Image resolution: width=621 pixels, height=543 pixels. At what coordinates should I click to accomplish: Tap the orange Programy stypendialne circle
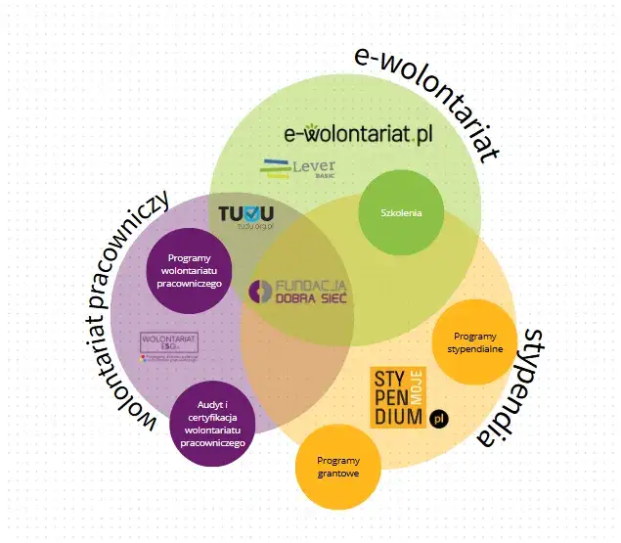pos(473,341)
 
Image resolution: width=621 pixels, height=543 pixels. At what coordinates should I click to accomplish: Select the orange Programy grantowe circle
pos(337,467)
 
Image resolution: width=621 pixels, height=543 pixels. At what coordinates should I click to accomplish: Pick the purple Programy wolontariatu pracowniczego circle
pos(190,269)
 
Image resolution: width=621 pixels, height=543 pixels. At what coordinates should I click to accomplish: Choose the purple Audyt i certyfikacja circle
pos(213,424)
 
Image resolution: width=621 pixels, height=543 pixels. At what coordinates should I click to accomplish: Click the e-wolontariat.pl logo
pos(356,134)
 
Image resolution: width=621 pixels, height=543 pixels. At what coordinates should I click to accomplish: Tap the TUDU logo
pos(245,215)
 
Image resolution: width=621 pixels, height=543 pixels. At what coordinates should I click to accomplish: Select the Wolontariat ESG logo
pos(169,345)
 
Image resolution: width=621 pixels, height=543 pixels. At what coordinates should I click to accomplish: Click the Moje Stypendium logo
pos(401,397)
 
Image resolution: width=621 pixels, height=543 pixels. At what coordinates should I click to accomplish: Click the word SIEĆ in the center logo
pos(329,297)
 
